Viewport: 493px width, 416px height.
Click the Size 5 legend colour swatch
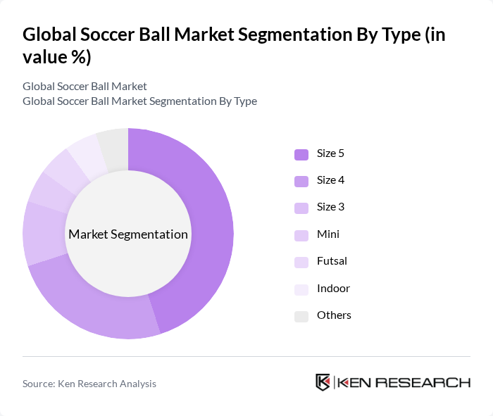tap(301, 153)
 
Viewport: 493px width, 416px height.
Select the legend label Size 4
tap(330, 180)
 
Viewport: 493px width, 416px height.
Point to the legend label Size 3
tap(330, 207)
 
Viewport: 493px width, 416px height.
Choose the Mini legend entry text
tap(327, 234)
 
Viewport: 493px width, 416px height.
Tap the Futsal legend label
tap(332, 261)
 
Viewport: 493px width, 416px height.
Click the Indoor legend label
tap(333, 289)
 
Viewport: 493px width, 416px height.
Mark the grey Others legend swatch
tap(301, 316)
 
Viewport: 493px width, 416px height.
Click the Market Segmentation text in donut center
tap(128, 234)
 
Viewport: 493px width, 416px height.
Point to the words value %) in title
tap(56, 58)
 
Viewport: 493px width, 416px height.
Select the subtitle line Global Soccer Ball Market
tap(85, 86)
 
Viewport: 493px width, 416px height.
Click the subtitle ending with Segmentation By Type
tap(139, 101)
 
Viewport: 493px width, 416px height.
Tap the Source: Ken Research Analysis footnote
tap(89, 384)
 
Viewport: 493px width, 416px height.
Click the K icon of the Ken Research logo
tap(323, 382)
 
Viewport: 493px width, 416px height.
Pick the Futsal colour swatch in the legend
tap(301, 262)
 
